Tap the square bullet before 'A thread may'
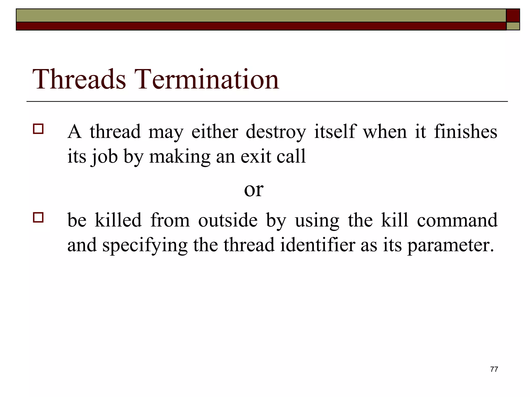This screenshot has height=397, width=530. tap(38, 129)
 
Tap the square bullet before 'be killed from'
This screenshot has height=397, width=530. tap(38, 217)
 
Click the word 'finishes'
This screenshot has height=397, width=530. tap(465, 132)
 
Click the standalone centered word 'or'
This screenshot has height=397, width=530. tap(254, 190)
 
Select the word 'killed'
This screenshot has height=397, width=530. tap(118, 220)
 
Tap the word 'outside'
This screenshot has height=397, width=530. tap(228, 220)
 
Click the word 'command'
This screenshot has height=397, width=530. tap(457, 220)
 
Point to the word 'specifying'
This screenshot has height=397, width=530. tap(145, 246)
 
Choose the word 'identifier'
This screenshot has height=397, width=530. tap(318, 245)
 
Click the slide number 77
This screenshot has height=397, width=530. tap(494, 369)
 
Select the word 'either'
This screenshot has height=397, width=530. tap(215, 132)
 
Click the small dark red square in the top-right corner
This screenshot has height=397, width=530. tap(513, 16)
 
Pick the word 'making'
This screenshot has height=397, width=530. tap(180, 157)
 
